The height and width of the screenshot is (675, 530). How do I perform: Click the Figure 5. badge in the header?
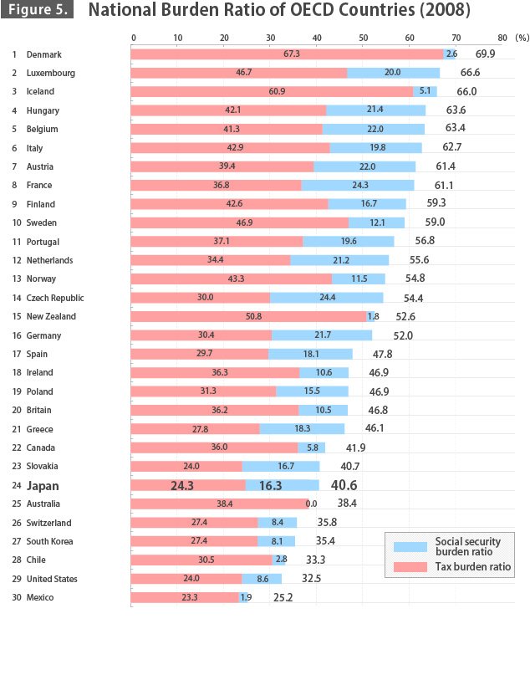click(x=37, y=9)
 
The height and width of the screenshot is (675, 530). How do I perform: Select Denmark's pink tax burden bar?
click(x=287, y=54)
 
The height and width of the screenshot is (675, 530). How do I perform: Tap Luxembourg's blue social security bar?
click(x=393, y=73)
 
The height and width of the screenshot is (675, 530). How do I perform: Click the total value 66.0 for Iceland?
click(x=466, y=91)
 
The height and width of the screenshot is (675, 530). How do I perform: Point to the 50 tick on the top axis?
click(x=363, y=38)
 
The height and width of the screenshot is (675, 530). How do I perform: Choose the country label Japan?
click(x=43, y=486)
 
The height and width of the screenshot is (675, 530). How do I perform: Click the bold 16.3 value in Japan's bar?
click(x=270, y=486)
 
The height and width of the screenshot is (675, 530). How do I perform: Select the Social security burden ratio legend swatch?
click(x=410, y=547)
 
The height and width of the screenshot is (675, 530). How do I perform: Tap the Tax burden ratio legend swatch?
click(x=410, y=566)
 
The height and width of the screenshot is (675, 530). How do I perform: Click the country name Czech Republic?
click(x=55, y=298)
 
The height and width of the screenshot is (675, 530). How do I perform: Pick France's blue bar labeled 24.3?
click(x=358, y=185)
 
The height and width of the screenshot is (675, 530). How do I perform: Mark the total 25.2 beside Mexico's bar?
click(x=283, y=597)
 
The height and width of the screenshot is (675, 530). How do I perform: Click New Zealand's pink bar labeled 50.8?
click(x=248, y=316)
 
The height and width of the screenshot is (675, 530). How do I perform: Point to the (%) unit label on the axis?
click(x=522, y=38)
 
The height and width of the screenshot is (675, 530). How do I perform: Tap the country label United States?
click(x=52, y=579)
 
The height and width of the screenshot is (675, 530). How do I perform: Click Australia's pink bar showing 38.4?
click(x=220, y=504)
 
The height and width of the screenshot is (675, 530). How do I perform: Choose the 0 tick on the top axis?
click(x=134, y=38)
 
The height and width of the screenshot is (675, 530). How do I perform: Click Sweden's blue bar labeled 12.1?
click(x=376, y=222)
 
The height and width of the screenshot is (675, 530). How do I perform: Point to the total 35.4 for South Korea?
click(x=325, y=540)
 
